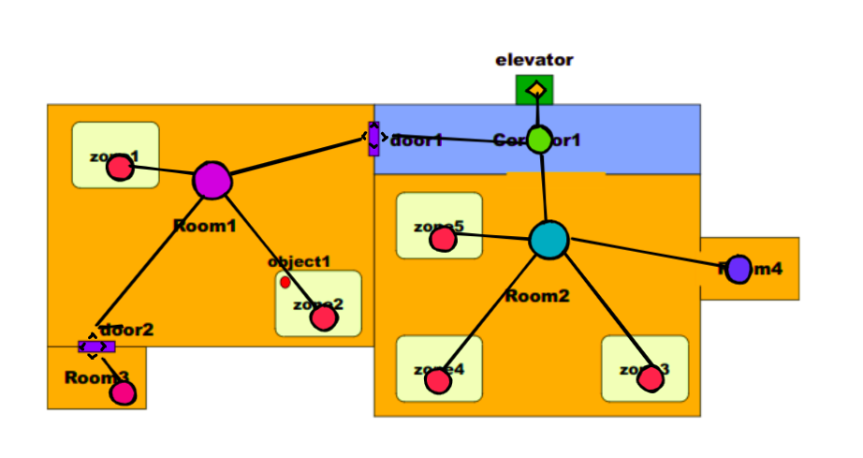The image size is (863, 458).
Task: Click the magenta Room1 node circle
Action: pos(212,180)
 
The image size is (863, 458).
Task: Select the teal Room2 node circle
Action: pos(549,240)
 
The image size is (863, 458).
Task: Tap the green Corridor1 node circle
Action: pos(538,140)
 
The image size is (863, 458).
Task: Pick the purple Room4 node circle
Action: pos(739,270)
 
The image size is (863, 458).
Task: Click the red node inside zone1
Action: pos(119,168)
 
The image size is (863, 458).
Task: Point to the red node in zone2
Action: pos(324,318)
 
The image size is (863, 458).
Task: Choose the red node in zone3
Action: pos(651,378)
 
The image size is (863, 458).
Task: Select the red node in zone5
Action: pos(443,240)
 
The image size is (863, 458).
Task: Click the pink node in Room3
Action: pos(124,392)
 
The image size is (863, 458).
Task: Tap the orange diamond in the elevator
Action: pos(535,90)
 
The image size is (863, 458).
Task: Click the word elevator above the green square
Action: pos(534,60)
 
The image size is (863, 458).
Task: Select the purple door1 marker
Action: pos(374,138)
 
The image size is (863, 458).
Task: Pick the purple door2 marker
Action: pos(95,347)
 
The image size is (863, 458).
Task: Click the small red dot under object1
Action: pos(285,282)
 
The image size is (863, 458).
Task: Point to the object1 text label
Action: pos(300,261)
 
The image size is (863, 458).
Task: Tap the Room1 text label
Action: pos(204,225)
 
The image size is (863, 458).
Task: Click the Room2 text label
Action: pos(537,296)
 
